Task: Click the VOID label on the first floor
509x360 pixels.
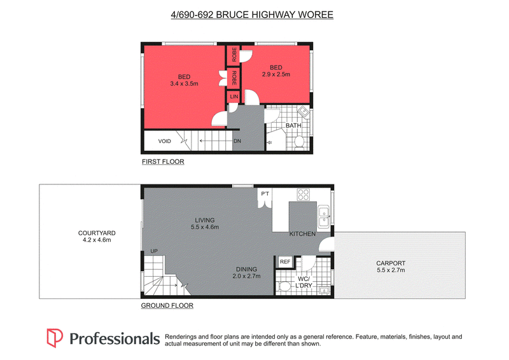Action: pos(164,141)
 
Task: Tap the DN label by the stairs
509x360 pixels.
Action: pos(237,141)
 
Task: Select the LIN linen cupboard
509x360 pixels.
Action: pos(234,97)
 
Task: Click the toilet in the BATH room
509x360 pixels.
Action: pos(298,143)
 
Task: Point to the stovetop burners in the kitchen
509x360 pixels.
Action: pos(303,195)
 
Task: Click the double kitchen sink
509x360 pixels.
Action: pos(324,217)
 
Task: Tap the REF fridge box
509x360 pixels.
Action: pos(284,261)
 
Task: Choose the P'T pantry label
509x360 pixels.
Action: pos(265,194)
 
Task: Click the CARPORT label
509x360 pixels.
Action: pos(391,263)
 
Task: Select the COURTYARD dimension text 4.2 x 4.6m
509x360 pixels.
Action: pos(97,240)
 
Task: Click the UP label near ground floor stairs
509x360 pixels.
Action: pos(154,251)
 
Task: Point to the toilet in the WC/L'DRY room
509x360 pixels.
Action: pos(283,287)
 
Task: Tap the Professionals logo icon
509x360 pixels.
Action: pos(55,338)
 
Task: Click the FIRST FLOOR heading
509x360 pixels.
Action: pos(163,162)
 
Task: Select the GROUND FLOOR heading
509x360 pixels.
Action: pos(167,305)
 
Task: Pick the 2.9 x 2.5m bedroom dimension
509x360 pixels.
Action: pos(276,74)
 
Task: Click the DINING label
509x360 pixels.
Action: pos(246,270)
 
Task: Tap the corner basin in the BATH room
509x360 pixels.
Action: pos(304,112)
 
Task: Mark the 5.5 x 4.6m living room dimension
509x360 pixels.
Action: pos(205,227)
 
